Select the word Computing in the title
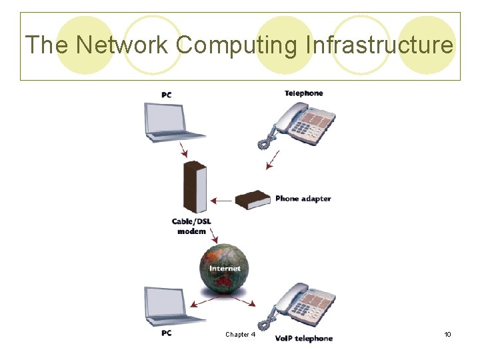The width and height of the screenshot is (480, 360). click(x=239, y=45)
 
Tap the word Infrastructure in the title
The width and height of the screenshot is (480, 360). click(x=379, y=45)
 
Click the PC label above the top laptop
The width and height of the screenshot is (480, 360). click(x=166, y=95)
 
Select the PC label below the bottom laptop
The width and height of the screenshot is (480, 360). click(x=166, y=333)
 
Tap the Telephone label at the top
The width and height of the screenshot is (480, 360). click(x=303, y=93)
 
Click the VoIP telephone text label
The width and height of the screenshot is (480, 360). click(x=303, y=339)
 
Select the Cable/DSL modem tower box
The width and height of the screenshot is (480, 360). click(x=195, y=187)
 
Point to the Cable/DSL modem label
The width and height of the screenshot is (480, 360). click(x=191, y=227)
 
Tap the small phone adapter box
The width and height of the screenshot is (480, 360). click(x=253, y=199)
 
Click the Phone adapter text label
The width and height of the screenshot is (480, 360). click(x=303, y=199)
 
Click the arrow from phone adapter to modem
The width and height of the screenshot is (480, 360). click(x=224, y=199)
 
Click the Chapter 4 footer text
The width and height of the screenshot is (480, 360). click(x=240, y=335)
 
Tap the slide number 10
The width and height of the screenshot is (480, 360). click(x=447, y=334)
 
